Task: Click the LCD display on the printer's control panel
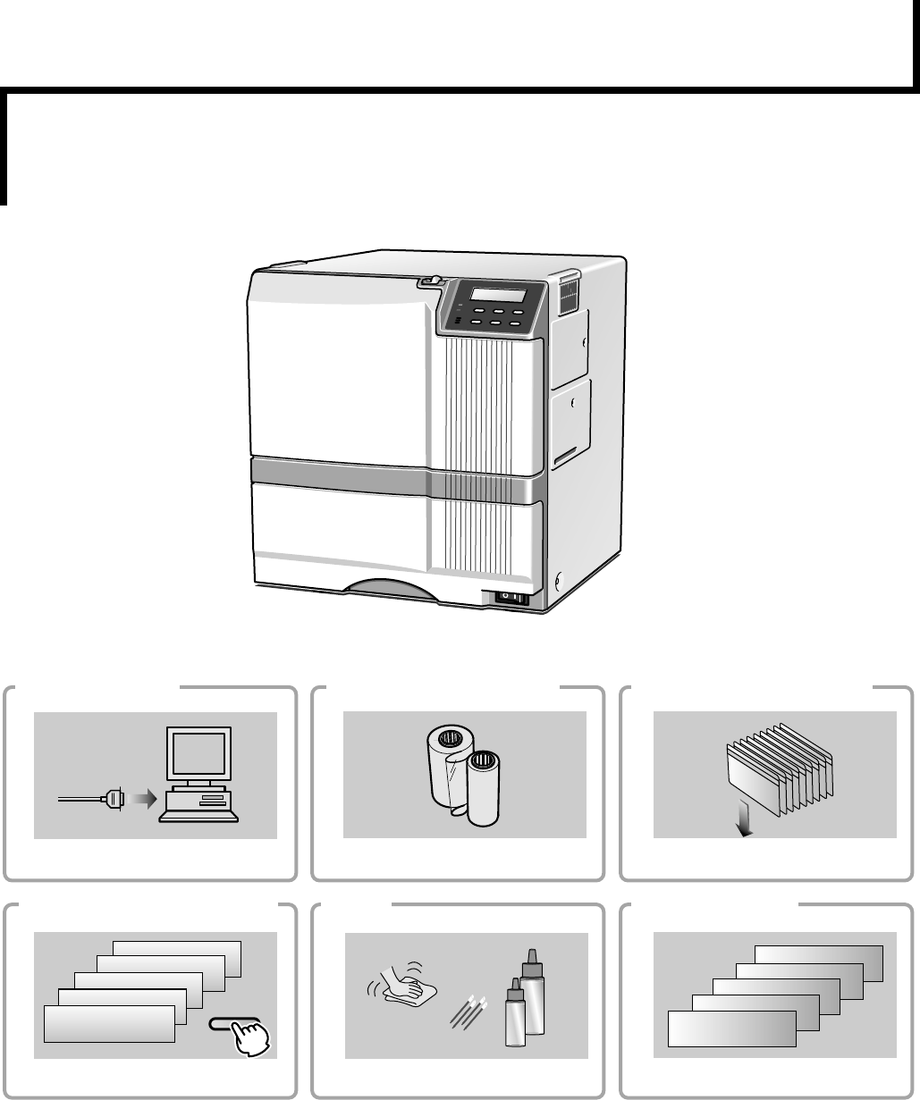pyautogui.click(x=495, y=296)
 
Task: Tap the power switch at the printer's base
pyautogui.click(x=511, y=598)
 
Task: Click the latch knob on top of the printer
pyautogui.click(x=431, y=281)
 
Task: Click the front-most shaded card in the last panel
pyautogui.click(x=731, y=1029)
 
